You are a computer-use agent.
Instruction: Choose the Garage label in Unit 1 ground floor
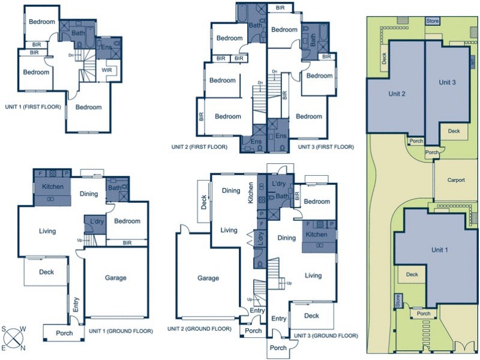(x=115, y=278)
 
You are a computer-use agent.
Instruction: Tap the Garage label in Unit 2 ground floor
(x=208, y=278)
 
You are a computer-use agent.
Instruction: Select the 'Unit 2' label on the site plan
(x=397, y=94)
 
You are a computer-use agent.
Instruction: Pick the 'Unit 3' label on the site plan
(x=447, y=82)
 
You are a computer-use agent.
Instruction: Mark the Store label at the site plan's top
(x=433, y=21)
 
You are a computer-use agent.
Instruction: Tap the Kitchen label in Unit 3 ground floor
(x=317, y=235)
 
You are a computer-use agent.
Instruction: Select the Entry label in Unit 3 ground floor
(x=278, y=319)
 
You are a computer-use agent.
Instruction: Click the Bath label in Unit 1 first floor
(x=78, y=34)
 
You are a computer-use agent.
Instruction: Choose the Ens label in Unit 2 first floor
(x=256, y=142)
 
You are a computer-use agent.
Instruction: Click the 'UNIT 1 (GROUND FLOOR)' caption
(x=121, y=330)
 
